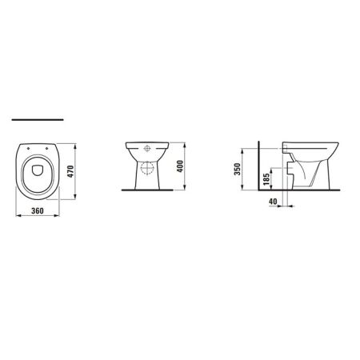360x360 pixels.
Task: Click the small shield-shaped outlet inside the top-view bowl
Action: tap(38, 167)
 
